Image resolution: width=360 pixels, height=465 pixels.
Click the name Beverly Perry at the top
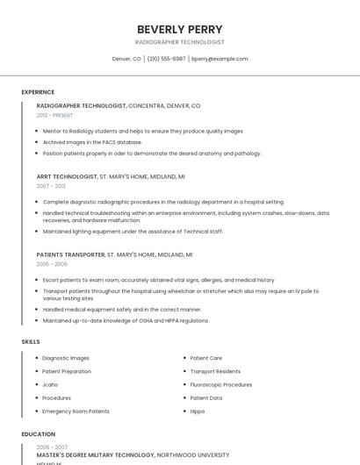(180, 29)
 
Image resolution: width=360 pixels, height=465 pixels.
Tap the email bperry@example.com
(220, 59)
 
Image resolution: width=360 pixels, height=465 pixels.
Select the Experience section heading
(38, 92)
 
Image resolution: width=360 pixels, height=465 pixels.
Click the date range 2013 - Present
(54, 115)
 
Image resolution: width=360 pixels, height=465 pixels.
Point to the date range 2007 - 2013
(51, 186)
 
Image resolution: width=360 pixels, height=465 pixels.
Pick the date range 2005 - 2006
(52, 264)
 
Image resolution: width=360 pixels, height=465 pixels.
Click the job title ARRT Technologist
(67, 176)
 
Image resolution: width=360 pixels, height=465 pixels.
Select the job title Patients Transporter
(70, 254)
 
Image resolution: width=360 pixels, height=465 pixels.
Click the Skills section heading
(31, 341)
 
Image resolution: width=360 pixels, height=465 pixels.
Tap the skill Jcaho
(51, 384)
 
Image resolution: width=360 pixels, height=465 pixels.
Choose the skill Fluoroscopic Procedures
(220, 384)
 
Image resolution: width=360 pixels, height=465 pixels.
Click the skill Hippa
(198, 411)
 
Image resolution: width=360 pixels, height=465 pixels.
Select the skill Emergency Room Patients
(76, 411)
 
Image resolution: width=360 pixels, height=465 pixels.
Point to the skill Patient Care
(205, 358)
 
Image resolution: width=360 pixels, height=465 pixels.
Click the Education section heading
(38, 434)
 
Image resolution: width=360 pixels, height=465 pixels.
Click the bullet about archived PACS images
(92, 141)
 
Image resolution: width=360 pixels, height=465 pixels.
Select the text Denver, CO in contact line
(126, 59)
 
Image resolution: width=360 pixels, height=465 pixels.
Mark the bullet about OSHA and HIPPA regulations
(126, 320)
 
